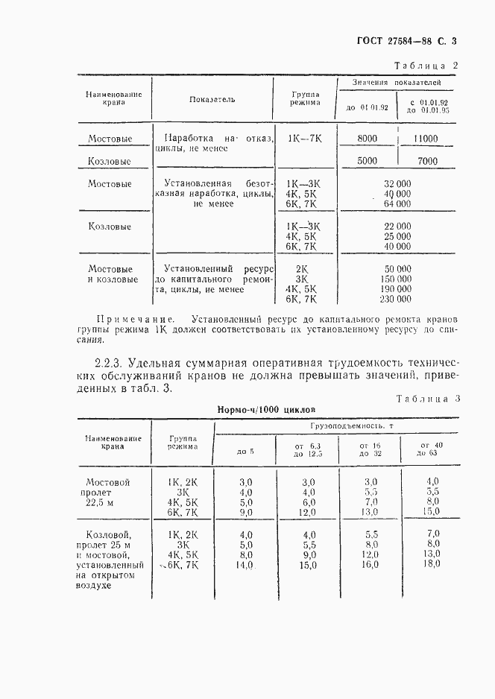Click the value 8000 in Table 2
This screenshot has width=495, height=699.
click(367, 139)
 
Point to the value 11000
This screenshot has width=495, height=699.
click(426, 139)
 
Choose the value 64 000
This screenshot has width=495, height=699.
click(397, 203)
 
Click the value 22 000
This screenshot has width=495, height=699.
click(397, 226)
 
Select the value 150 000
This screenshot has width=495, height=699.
click(395, 279)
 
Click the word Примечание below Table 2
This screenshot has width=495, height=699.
click(130, 318)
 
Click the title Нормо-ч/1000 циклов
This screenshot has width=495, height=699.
click(266, 410)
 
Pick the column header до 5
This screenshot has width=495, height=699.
click(245, 452)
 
